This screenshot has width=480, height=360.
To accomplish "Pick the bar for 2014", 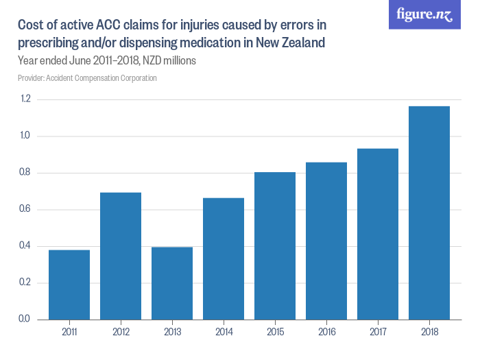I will point(224,259).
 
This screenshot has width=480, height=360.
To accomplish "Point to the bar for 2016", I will point(326,241).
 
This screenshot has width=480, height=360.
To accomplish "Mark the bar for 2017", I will point(378,234).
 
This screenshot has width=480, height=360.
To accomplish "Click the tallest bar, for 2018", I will point(429,213).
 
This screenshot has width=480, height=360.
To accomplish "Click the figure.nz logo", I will point(425,14).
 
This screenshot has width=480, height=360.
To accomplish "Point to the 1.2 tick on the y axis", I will point(25,99).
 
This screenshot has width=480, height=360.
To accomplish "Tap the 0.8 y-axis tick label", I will point(25,173).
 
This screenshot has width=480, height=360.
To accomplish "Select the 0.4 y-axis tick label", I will point(25,246).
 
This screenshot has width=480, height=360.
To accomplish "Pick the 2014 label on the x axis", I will point(224,332).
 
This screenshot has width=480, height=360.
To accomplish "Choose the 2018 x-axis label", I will point(429,332).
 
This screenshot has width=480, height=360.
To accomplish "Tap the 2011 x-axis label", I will point(69,332).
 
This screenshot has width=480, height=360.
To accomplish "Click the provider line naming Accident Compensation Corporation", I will point(88,78).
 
